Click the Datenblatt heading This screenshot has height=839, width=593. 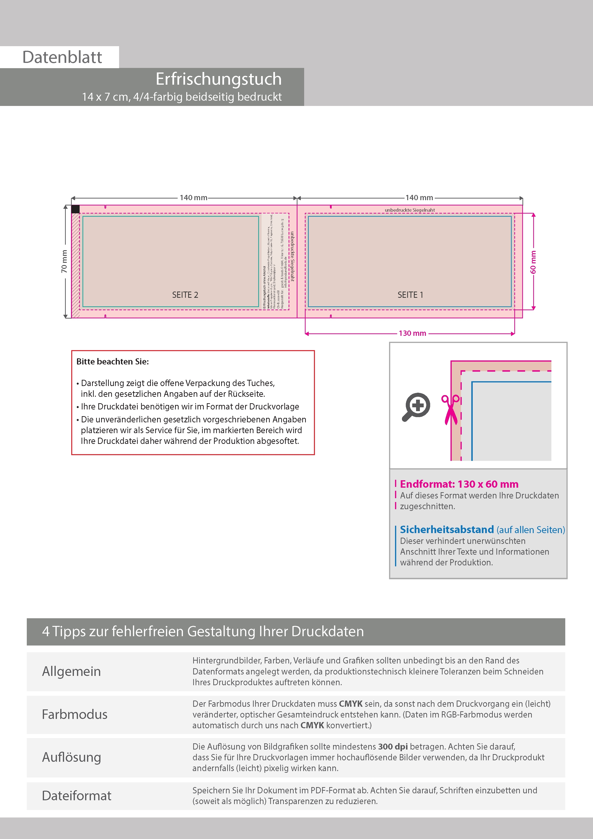[62, 57]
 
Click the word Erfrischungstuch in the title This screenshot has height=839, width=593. [219, 79]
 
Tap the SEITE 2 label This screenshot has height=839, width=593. [185, 295]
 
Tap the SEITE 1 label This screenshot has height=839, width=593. [410, 295]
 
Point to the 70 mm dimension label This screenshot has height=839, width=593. [64, 261]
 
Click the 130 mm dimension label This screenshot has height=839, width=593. [412, 333]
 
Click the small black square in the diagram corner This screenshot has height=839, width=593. [75, 209]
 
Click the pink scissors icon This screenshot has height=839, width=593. [451, 409]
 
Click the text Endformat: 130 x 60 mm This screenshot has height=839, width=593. [459, 484]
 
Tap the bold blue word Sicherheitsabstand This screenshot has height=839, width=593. [447, 530]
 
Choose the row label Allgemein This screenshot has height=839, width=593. [71, 671]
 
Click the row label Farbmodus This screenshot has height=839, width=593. [75, 714]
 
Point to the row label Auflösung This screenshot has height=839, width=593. [71, 757]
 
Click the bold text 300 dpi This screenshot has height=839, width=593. [393, 746]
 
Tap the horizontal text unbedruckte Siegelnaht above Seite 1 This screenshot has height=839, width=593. [410, 210]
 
